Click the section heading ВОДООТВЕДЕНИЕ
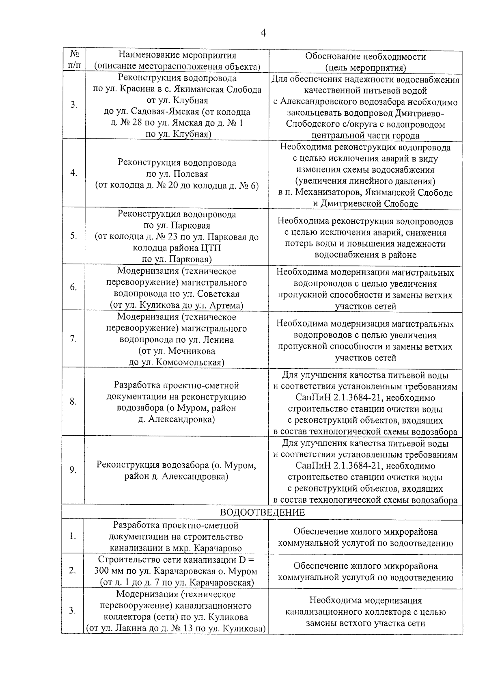[x=262, y=512]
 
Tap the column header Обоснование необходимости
[x=365, y=56]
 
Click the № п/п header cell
[x=73, y=60]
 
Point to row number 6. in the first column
[x=73, y=287]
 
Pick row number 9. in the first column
[x=73, y=470]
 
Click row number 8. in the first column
[x=73, y=402]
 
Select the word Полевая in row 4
[x=191, y=174]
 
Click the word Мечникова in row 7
[x=192, y=351]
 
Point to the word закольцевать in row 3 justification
[x=312, y=113]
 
